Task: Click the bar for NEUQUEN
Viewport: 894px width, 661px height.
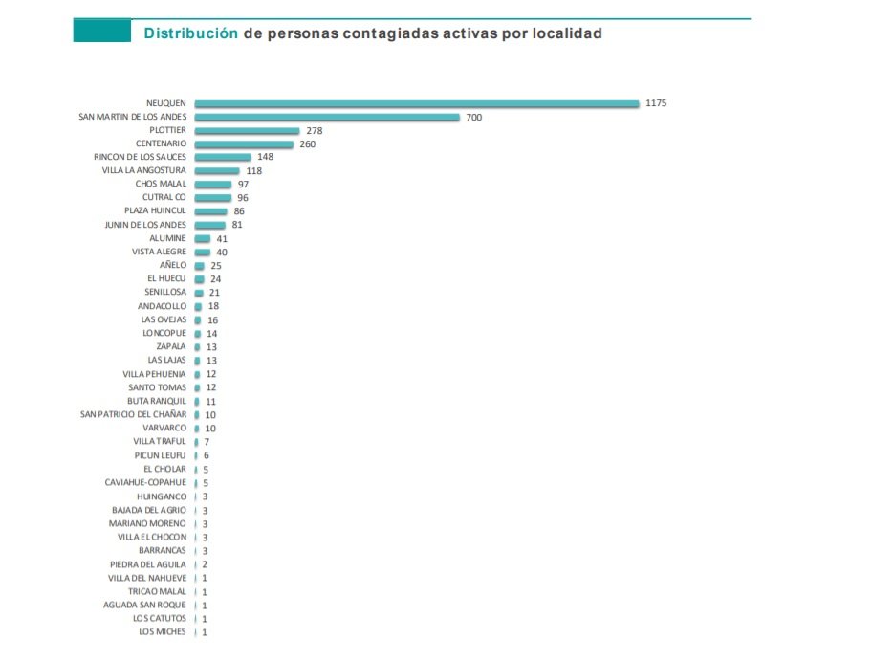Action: pos(416,103)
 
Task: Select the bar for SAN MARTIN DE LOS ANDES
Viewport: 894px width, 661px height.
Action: pos(327,117)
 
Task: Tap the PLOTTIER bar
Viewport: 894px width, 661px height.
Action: pos(247,130)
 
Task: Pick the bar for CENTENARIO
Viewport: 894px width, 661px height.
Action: pos(244,144)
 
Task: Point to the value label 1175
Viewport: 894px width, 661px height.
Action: pos(656,103)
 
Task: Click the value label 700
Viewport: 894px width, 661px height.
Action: pos(473,117)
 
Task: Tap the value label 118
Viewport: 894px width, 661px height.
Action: pos(253,171)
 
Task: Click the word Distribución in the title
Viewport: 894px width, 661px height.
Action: pos(190,33)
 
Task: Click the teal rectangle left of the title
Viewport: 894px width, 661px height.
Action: pos(102,32)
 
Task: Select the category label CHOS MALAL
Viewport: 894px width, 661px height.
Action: pos(161,184)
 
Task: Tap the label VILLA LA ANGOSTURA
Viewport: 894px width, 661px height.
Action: pos(143,170)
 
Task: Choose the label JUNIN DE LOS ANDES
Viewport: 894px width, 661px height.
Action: pos(145,225)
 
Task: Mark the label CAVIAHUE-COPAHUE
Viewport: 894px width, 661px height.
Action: pos(145,482)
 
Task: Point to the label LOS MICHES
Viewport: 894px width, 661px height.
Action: pos(163,631)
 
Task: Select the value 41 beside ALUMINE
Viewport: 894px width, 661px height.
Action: pos(222,238)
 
